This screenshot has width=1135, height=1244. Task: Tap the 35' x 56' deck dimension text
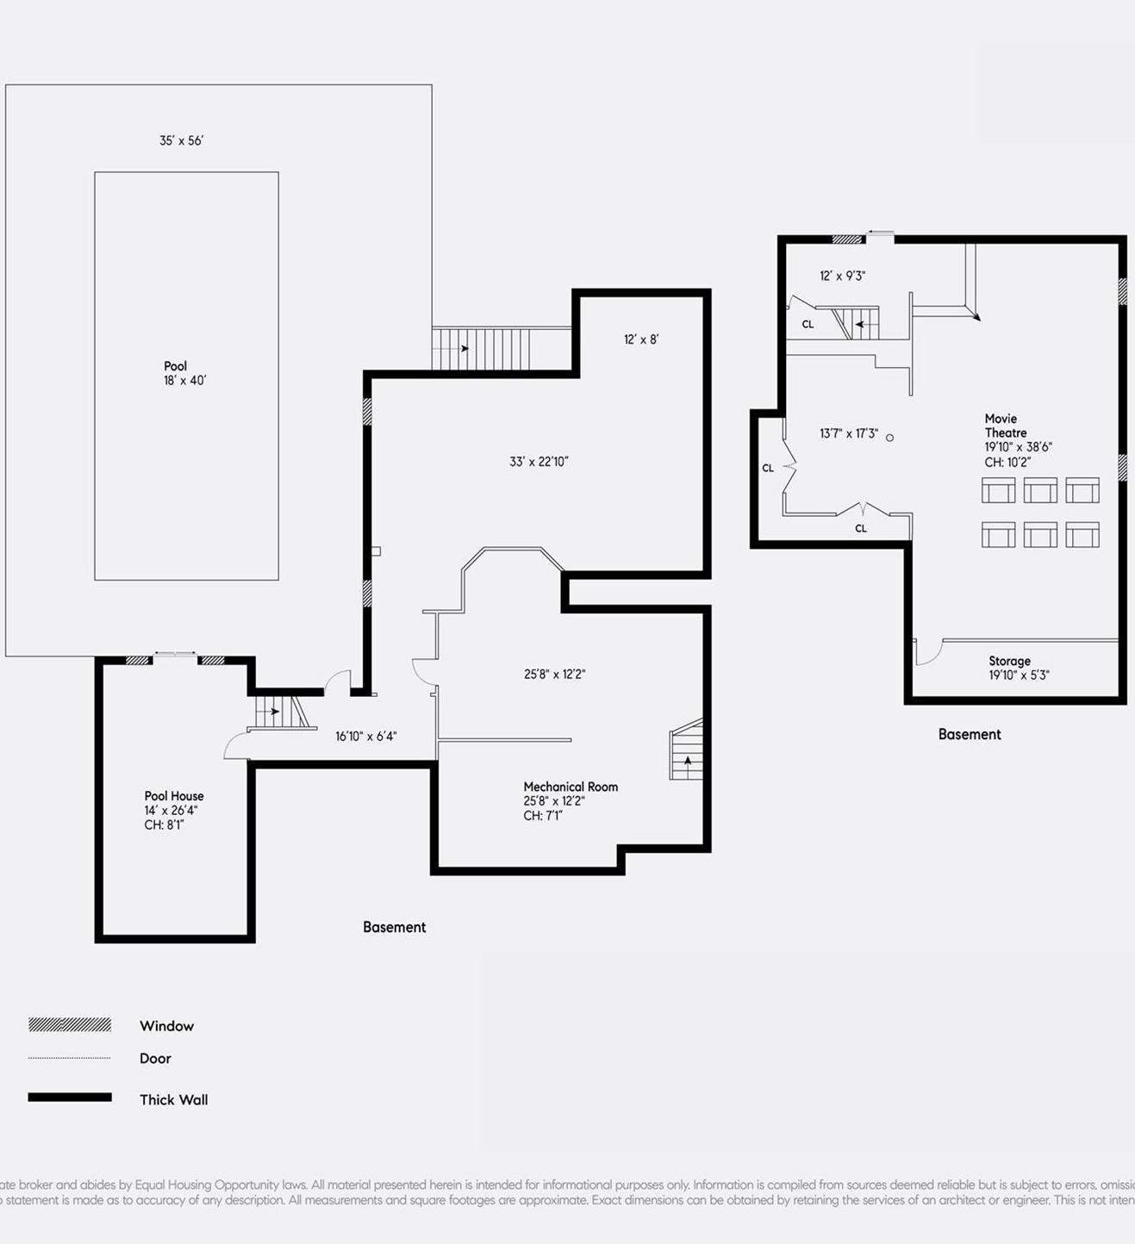point(181,140)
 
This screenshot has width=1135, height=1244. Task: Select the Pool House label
point(173,797)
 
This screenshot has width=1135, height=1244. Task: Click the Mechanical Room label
point(570,787)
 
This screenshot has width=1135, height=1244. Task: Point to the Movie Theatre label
point(1005,426)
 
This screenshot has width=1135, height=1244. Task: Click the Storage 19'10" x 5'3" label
point(1017,668)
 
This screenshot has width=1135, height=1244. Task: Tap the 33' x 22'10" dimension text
point(539,462)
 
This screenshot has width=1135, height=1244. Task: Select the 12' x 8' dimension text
point(640,339)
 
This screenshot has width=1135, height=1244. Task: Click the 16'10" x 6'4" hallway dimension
point(365,737)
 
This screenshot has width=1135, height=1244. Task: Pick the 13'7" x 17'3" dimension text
point(848,433)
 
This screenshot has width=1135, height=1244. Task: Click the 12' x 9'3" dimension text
point(842,276)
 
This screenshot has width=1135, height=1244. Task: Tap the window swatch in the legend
point(70,1025)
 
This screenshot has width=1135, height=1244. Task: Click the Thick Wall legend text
point(173,1099)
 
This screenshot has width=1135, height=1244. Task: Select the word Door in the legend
point(155,1058)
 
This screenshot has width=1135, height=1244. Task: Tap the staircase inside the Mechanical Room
point(687,752)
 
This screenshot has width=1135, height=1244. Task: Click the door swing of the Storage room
point(926,653)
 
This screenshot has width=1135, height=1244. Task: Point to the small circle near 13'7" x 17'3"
point(889,438)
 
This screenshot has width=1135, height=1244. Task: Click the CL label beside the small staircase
point(808,325)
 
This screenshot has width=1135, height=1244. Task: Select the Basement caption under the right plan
point(970,734)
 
